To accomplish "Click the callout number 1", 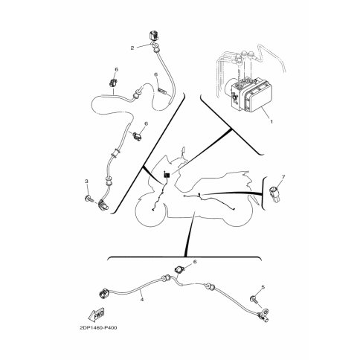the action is coord(271,122).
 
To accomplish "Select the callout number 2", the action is coord(132,48).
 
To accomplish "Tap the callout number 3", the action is coord(86,181).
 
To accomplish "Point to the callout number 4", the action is coord(142,300).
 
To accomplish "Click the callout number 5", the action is coord(263,287).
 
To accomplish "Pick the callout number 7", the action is coord(283,176).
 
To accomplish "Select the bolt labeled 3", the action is coord(89,198).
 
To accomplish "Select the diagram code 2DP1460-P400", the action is coord(98,328).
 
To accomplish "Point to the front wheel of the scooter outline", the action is coord(150,211).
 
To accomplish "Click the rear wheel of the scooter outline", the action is coord(237,211).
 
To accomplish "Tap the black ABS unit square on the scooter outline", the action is coord(167,175).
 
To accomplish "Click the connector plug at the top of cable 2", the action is coord(154,36).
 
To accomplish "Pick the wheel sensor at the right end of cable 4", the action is coord(265,315).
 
